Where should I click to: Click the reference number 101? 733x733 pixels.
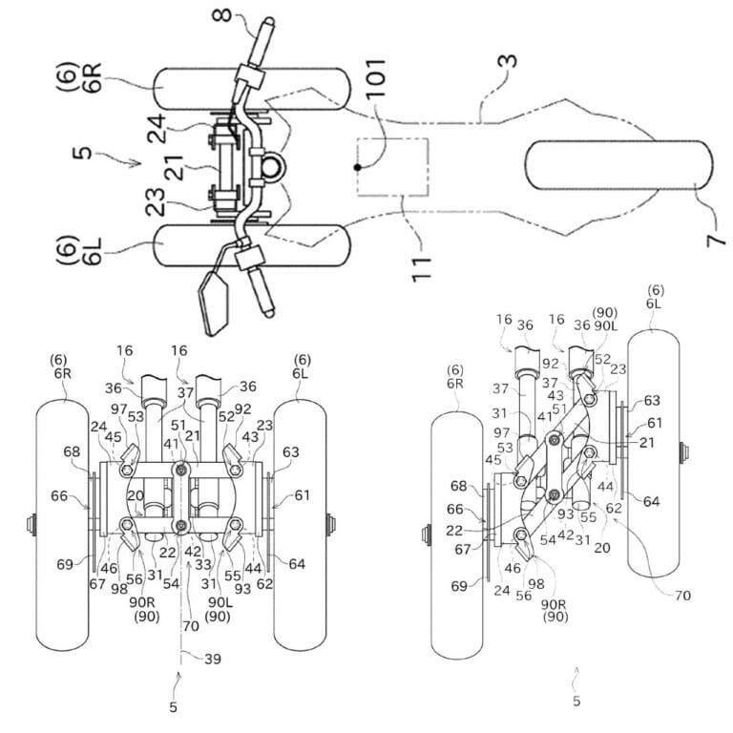coord(376,78)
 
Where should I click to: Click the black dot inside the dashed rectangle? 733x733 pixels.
coord(358,167)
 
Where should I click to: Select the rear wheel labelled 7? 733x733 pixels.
coord(618,165)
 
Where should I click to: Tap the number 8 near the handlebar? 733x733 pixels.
coord(222,15)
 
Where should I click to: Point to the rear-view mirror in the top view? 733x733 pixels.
coord(214,304)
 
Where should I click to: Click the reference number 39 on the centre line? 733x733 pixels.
coord(213,659)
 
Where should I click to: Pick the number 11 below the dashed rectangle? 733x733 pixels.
coord(421,269)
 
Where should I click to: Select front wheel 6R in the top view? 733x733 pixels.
coord(252,89)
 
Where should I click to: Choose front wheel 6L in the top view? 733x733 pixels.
coord(252,245)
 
